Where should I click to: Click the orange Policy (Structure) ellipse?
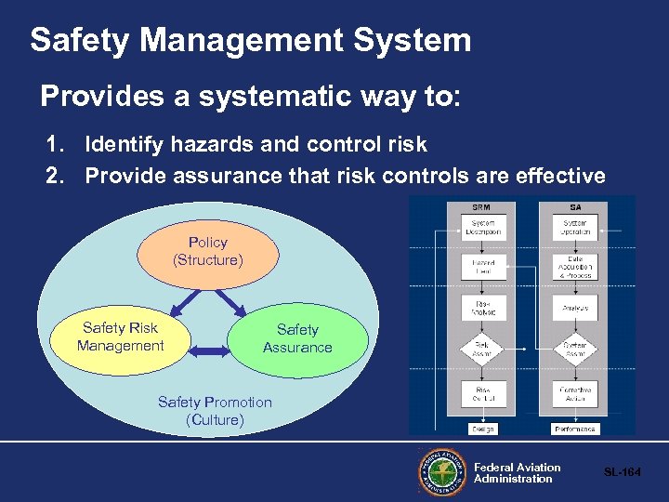coord(207,252)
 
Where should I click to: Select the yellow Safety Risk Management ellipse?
coord(121,337)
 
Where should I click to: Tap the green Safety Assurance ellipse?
coord(297,339)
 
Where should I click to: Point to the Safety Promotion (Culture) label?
coord(215,411)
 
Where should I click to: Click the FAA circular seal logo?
coord(442,473)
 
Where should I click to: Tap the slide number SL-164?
coord(623,473)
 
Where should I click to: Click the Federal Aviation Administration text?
coord(517,473)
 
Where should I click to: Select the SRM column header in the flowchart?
coord(483,205)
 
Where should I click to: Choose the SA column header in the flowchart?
coord(574,205)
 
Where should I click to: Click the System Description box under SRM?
coord(484,228)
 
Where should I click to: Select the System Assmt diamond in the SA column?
coord(575,350)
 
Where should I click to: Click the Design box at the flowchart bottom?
coord(483,429)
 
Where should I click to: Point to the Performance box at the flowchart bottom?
coord(575,429)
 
